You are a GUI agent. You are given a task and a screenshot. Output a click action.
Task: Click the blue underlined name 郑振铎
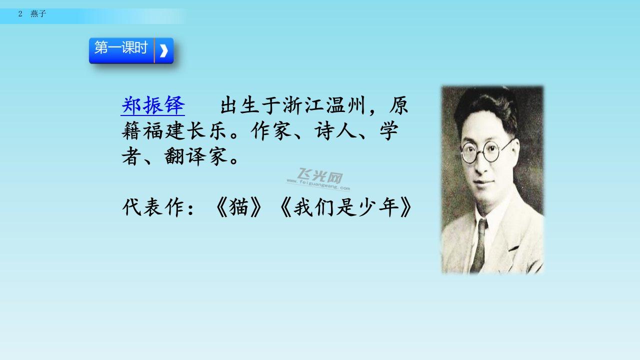(153, 105)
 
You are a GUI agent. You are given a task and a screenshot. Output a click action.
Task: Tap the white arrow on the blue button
(163, 51)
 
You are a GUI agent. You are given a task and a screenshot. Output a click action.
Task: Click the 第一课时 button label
(121, 47)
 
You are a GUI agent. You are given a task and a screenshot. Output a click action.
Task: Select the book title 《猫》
(238, 207)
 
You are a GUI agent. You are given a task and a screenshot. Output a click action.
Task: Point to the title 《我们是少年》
(345, 207)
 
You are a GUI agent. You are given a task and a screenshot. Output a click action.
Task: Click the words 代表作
(153, 207)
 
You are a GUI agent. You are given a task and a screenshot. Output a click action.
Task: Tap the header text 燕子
(38, 13)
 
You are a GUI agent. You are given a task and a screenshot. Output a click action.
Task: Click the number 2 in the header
(20, 13)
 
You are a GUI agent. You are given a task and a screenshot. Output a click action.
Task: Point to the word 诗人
(336, 131)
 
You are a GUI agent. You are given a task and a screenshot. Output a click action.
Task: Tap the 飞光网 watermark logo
(320, 175)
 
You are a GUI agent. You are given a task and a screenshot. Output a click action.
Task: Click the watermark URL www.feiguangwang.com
(318, 184)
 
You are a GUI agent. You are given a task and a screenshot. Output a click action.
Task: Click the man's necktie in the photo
(480, 245)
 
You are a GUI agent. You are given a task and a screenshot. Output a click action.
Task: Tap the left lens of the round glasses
(469, 153)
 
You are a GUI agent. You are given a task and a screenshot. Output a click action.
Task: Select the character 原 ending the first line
(399, 105)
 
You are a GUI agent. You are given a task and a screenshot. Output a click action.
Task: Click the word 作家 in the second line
(272, 131)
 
